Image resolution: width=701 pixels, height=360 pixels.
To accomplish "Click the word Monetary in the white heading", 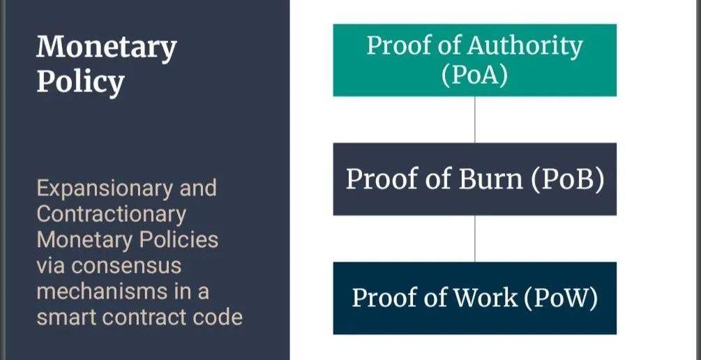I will coord(107,48).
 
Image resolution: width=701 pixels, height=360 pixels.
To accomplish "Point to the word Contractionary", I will coord(111,214).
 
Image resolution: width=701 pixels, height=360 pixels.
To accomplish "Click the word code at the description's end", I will coord(220,317).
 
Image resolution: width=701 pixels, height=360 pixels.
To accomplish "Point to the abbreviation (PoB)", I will coord(567,179).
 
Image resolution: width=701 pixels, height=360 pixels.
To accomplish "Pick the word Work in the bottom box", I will coord(486,298).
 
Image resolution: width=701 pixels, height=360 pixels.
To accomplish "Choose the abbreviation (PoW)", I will coord(561,298).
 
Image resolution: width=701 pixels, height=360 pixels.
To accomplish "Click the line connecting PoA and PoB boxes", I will coord(475,119).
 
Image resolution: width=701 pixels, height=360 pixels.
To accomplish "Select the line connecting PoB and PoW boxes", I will coord(475,238).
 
